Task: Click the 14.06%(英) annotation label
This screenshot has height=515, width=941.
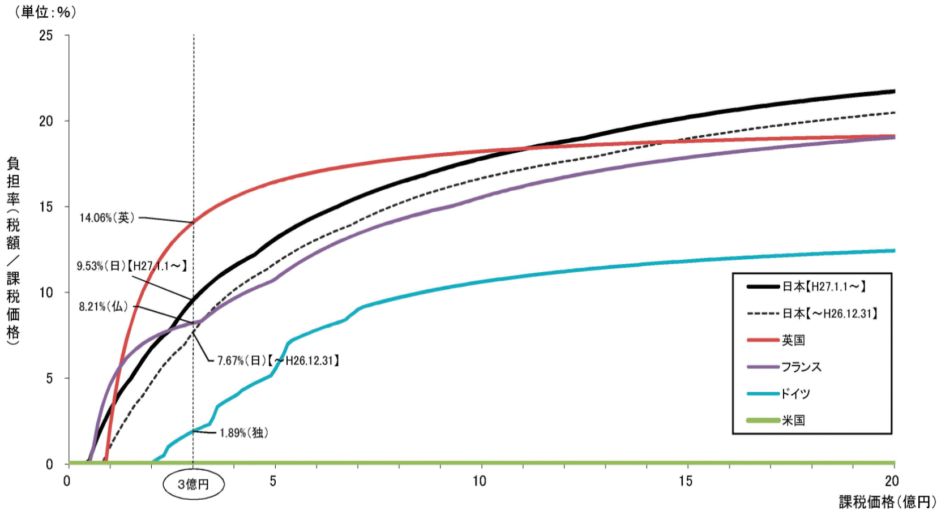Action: [107, 218]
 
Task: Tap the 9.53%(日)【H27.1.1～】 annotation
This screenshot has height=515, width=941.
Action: [131, 266]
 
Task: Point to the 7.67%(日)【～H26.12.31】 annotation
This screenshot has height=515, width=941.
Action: [278, 360]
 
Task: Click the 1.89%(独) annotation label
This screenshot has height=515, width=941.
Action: [244, 433]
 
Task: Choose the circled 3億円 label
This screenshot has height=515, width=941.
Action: [194, 484]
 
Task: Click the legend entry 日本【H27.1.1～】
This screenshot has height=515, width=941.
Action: [824, 287]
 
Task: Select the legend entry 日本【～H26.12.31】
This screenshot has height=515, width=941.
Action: [829, 314]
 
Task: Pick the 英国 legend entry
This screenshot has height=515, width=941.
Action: [793, 340]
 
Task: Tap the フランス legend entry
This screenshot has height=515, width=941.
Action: [801, 367]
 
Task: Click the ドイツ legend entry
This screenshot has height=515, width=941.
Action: [795, 393]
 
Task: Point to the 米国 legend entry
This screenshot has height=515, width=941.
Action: [793, 420]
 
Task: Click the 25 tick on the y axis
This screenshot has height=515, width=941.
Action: [46, 36]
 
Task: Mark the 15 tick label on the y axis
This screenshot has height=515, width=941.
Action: [46, 207]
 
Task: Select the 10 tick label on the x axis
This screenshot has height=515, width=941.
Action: [480, 481]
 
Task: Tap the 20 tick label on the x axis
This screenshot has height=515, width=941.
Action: [892, 481]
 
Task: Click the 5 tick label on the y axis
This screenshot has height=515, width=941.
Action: [49, 379]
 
